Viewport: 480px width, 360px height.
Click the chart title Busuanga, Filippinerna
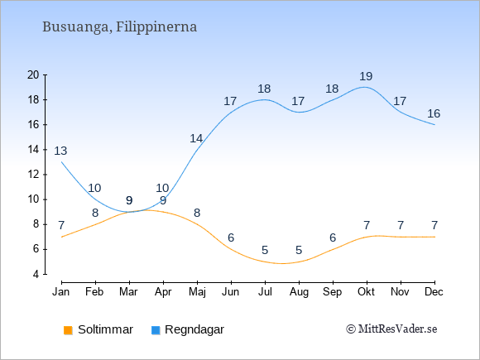pyautogui.click(x=119, y=27)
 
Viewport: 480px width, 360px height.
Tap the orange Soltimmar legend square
pyautogui.click(x=68, y=330)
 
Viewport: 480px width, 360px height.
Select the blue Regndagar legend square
pyautogui.click(x=156, y=330)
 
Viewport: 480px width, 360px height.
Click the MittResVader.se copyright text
pyautogui.click(x=391, y=329)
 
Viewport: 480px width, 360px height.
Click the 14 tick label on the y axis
pyautogui.click(x=33, y=150)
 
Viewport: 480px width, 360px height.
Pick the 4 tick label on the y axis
pyautogui.click(x=36, y=274)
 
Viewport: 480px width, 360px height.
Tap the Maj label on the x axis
pyautogui.click(x=197, y=292)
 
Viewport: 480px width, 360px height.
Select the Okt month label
pyautogui.click(x=366, y=292)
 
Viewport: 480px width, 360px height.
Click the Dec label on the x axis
pyautogui.click(x=434, y=292)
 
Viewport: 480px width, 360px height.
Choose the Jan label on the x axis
pyautogui.click(x=61, y=292)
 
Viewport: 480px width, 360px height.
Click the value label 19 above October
pyautogui.click(x=366, y=76)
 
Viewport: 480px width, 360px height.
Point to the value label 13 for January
pyautogui.click(x=60, y=151)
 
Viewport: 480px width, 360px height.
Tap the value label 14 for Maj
pyautogui.click(x=196, y=139)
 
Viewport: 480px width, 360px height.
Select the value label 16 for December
pyautogui.click(x=434, y=113)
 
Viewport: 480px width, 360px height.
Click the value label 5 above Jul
pyautogui.click(x=265, y=250)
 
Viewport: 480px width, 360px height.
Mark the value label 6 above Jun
pyautogui.click(x=231, y=238)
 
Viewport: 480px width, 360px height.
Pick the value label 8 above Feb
pyautogui.click(x=95, y=213)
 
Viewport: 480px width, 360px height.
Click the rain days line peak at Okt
pyautogui.click(x=364, y=87)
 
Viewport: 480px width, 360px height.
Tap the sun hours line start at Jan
pyautogui.click(x=62, y=237)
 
